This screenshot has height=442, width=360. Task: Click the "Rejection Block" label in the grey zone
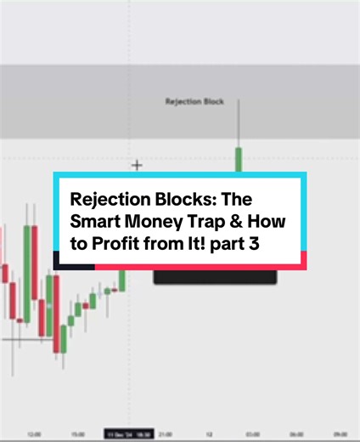(194, 101)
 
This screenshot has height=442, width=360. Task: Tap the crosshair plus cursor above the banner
(137, 164)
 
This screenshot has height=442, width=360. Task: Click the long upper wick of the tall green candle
(239, 123)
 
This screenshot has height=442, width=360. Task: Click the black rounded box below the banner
(215, 276)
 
